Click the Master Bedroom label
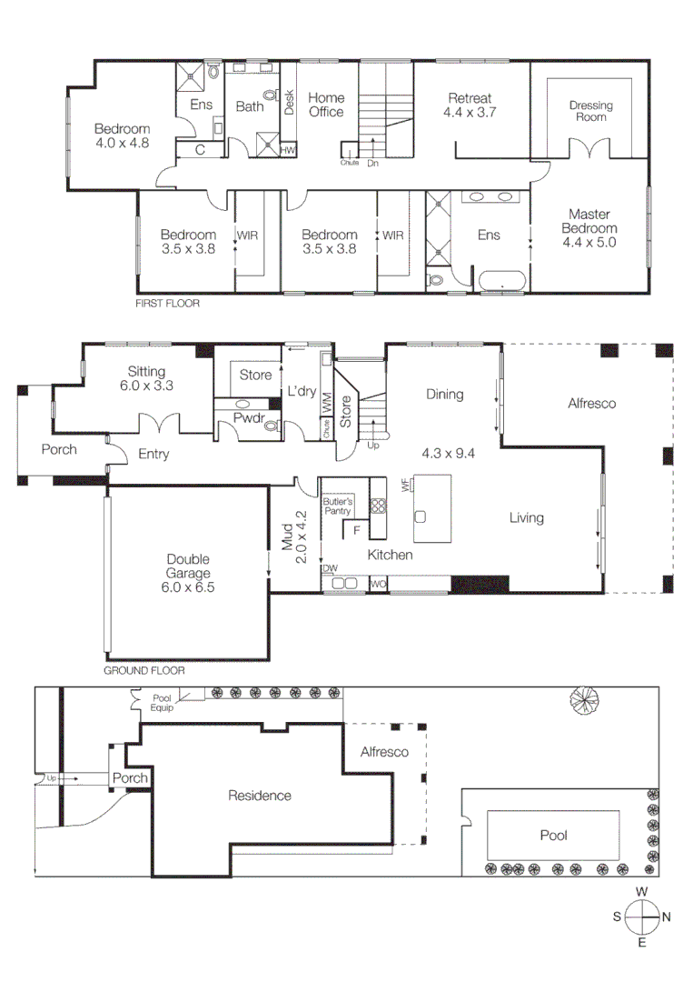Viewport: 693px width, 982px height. point(589,228)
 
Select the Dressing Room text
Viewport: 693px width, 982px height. point(590,111)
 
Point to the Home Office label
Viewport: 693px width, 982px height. point(326,105)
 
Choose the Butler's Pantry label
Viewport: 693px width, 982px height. point(339,506)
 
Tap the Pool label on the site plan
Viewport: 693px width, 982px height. point(553,835)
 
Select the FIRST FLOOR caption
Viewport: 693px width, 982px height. point(167,304)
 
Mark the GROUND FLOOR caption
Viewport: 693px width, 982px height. point(144,671)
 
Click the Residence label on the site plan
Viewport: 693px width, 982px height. point(260,796)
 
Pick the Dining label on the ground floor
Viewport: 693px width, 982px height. point(444,395)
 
